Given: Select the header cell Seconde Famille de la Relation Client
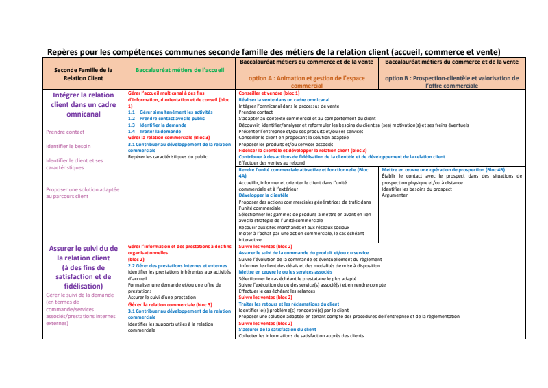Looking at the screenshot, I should click(83, 74).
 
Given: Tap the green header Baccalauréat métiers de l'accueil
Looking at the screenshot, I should click(179, 70).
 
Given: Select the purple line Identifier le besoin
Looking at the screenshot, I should click(68, 146).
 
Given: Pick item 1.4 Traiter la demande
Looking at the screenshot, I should click(160, 131).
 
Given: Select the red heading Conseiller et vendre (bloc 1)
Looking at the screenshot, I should click(269, 93).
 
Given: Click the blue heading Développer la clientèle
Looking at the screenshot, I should click(264, 195).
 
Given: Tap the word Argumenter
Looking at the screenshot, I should click(394, 195).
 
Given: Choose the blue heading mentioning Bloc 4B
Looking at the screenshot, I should click(443, 169).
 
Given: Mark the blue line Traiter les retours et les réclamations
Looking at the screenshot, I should click(288, 304).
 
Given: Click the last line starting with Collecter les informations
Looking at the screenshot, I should click(301, 335).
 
